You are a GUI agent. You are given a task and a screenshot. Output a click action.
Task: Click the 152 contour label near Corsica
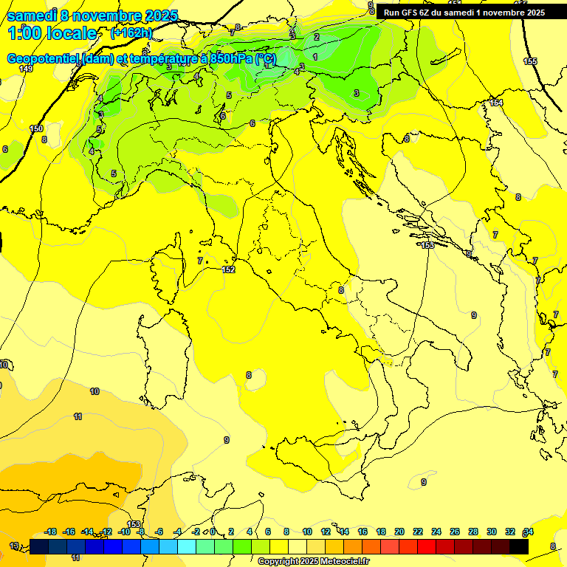coord(229,270)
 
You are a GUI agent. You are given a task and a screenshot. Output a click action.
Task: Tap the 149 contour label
coord(26,69)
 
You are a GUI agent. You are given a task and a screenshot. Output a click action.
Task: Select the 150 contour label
coord(36,128)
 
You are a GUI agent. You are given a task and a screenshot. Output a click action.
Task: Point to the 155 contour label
coord(530,61)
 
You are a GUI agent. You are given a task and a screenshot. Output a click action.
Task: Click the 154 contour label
coord(496,103)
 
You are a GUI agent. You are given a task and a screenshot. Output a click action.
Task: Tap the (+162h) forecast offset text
coord(131,33)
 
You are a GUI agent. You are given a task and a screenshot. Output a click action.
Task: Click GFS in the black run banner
coord(411,13)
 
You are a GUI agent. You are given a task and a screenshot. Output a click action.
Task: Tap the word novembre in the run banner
coord(501,13)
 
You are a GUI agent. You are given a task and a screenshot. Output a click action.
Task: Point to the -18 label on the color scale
coord(51,532)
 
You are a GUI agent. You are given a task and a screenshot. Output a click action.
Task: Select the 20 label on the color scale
coord(399,532)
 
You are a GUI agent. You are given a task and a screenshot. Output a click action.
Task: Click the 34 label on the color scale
coord(528,532)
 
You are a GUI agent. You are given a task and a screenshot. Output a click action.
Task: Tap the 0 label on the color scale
coord(213,532)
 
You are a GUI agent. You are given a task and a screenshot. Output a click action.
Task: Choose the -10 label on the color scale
coord(124,532)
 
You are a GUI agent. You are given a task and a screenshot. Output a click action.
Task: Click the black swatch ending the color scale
coord(519,546)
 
